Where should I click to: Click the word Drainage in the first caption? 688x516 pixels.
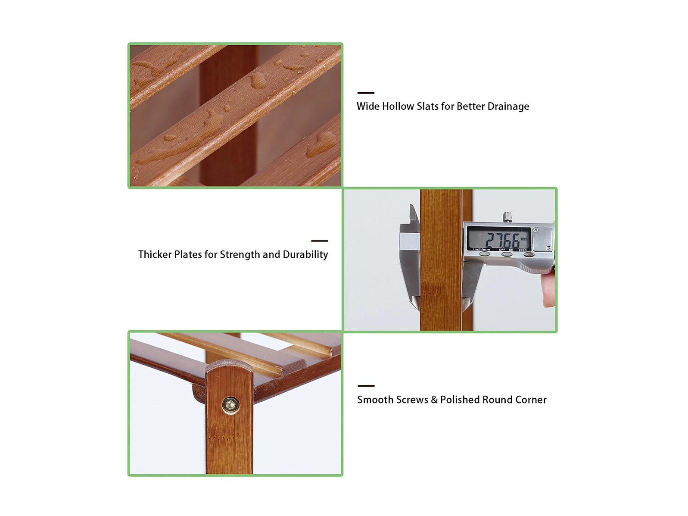(508, 106)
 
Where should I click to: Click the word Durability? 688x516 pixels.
(305, 255)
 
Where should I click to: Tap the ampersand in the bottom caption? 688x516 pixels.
(434, 400)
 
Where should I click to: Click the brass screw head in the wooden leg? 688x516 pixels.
(230, 405)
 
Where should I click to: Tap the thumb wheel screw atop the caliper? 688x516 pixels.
(507, 217)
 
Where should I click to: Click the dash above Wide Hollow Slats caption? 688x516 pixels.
(366, 93)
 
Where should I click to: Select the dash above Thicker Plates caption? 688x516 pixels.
(319, 241)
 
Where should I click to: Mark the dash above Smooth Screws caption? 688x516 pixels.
(366, 386)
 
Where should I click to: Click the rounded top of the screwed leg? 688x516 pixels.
(229, 367)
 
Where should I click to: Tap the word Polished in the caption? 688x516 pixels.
(460, 400)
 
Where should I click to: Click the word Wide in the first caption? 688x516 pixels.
(368, 106)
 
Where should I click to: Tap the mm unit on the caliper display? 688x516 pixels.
(524, 239)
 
